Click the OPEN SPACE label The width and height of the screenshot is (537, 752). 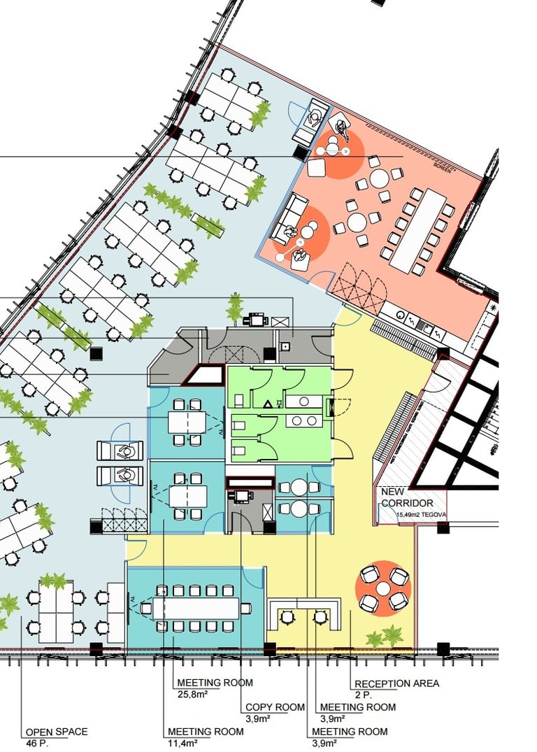(57, 732)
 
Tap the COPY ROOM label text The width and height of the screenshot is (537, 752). (275, 707)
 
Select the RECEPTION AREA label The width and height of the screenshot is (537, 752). (397, 683)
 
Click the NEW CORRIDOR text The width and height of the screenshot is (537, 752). (407, 497)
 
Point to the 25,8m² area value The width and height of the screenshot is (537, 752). (192, 694)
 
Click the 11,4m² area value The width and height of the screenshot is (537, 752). (182, 743)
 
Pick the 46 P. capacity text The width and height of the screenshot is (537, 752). (36, 743)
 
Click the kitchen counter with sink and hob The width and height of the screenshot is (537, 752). (413, 322)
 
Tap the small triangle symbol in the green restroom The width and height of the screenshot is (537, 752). (268, 404)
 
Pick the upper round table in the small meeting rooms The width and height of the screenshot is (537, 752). (299, 487)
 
